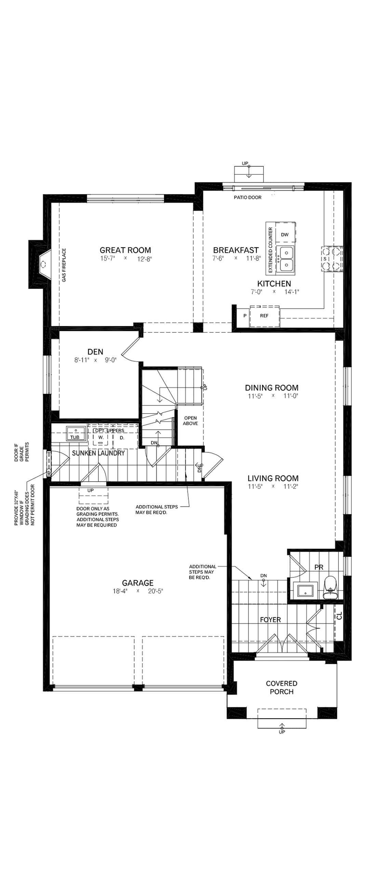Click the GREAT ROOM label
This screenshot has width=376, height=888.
(125, 250)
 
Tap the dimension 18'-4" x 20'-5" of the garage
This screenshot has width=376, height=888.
(137, 591)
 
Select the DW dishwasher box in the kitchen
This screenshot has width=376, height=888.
(285, 235)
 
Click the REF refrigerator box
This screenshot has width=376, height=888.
(264, 316)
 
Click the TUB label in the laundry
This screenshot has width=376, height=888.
(75, 437)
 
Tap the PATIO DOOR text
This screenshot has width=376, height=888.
(247, 197)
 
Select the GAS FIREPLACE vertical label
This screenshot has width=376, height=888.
(64, 265)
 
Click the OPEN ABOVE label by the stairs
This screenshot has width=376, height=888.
(190, 420)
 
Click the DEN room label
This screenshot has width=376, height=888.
(95, 352)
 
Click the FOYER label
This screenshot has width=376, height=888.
(270, 620)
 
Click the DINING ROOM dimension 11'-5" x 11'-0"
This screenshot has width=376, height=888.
(272, 396)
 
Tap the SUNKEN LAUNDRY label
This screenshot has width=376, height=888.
(98, 453)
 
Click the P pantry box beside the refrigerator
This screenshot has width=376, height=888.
(245, 316)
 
